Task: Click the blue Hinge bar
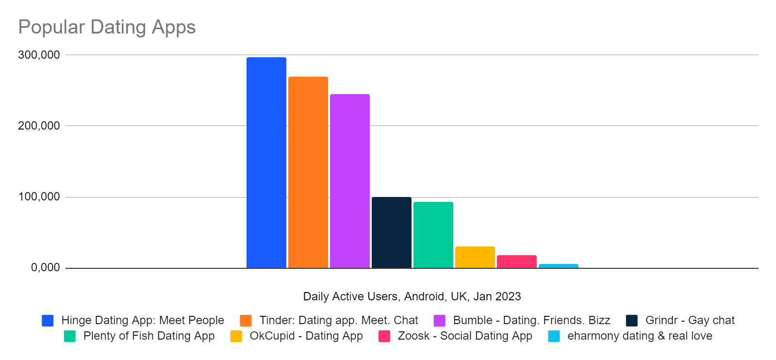[266, 163]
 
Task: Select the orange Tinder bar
[308, 172]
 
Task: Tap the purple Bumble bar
[349, 181]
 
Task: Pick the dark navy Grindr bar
[391, 232]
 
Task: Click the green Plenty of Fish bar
[433, 235]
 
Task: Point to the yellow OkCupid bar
[475, 257]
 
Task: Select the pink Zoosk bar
[516, 262]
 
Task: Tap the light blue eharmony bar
[558, 266]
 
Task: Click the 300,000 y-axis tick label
[39, 55]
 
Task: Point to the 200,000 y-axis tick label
[39, 126]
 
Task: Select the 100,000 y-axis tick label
[39, 197]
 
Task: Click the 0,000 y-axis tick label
[45, 268]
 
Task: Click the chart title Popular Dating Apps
[107, 27]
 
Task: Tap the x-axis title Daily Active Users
[412, 296]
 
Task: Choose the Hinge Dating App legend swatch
[48, 321]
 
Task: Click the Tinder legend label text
[338, 320]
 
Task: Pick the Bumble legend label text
[531, 320]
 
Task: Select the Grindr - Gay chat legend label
[690, 320]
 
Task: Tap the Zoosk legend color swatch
[384, 336]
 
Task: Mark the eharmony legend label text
[640, 336]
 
